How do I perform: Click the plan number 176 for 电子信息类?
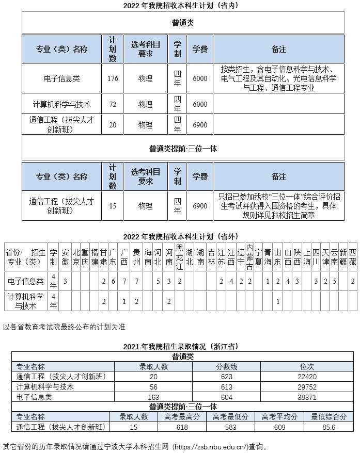[113, 78]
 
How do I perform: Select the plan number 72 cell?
[113, 104]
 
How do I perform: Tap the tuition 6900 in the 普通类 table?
[199, 125]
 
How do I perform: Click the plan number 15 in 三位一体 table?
[113, 206]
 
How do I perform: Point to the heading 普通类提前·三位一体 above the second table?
[183, 149]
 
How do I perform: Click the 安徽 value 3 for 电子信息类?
[65, 281]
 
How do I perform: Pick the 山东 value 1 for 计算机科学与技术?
[278, 301]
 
